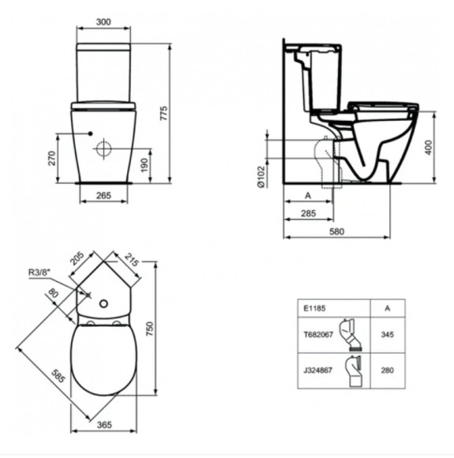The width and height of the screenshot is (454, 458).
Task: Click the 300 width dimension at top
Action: [103, 21]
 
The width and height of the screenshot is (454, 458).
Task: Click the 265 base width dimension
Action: [103, 197]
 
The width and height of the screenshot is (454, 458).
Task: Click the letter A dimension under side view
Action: [306, 193]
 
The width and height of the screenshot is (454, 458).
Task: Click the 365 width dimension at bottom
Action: [104, 425]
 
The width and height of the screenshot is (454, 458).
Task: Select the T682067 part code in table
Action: [317, 335]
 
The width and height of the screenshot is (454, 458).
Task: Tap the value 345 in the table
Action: [386, 335]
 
